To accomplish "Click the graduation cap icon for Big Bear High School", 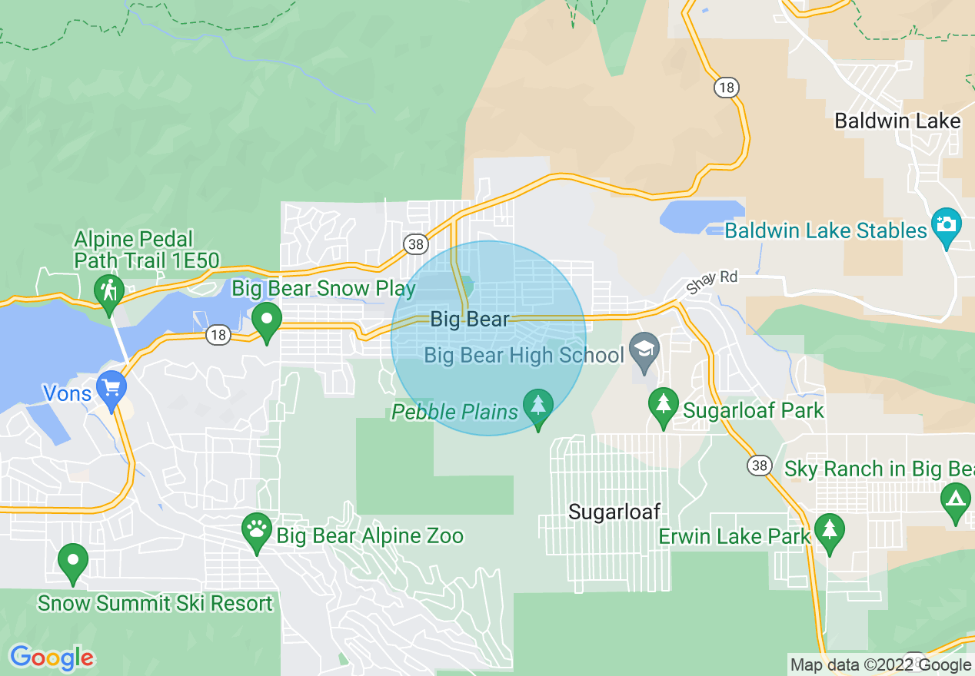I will pos(644,349).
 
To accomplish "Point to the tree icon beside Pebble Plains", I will pos(537,405).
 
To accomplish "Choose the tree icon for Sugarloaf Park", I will pos(662,404).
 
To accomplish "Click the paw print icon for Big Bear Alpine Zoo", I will pos(257,529).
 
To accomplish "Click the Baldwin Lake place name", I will pos(897,121).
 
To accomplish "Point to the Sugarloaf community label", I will pos(614,512).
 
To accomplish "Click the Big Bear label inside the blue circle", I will pos(470,319).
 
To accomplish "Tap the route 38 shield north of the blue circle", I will pos(415,245).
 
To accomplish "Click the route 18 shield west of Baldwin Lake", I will pos(725,87).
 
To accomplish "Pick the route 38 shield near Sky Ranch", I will pos(760,465).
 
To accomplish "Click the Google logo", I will pos(52,658).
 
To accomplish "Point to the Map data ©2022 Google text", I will pos(880,665).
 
